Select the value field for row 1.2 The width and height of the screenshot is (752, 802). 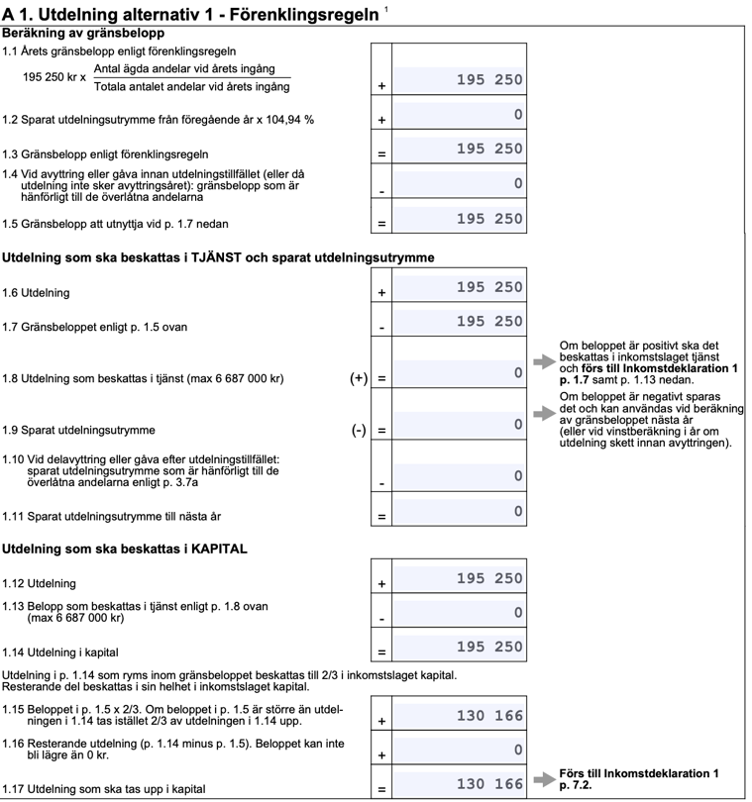[x=459, y=116]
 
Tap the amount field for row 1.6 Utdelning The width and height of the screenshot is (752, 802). [x=459, y=288]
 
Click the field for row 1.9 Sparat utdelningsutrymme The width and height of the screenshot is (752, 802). [x=459, y=426]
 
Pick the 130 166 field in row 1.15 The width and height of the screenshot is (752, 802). [x=459, y=716]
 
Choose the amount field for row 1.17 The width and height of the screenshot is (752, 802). [x=459, y=785]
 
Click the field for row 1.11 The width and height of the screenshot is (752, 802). [x=459, y=512]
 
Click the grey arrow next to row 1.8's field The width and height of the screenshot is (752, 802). [x=544, y=362]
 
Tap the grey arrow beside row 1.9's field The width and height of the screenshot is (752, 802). [x=544, y=412]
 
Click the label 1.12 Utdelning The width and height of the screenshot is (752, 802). [x=40, y=583]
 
